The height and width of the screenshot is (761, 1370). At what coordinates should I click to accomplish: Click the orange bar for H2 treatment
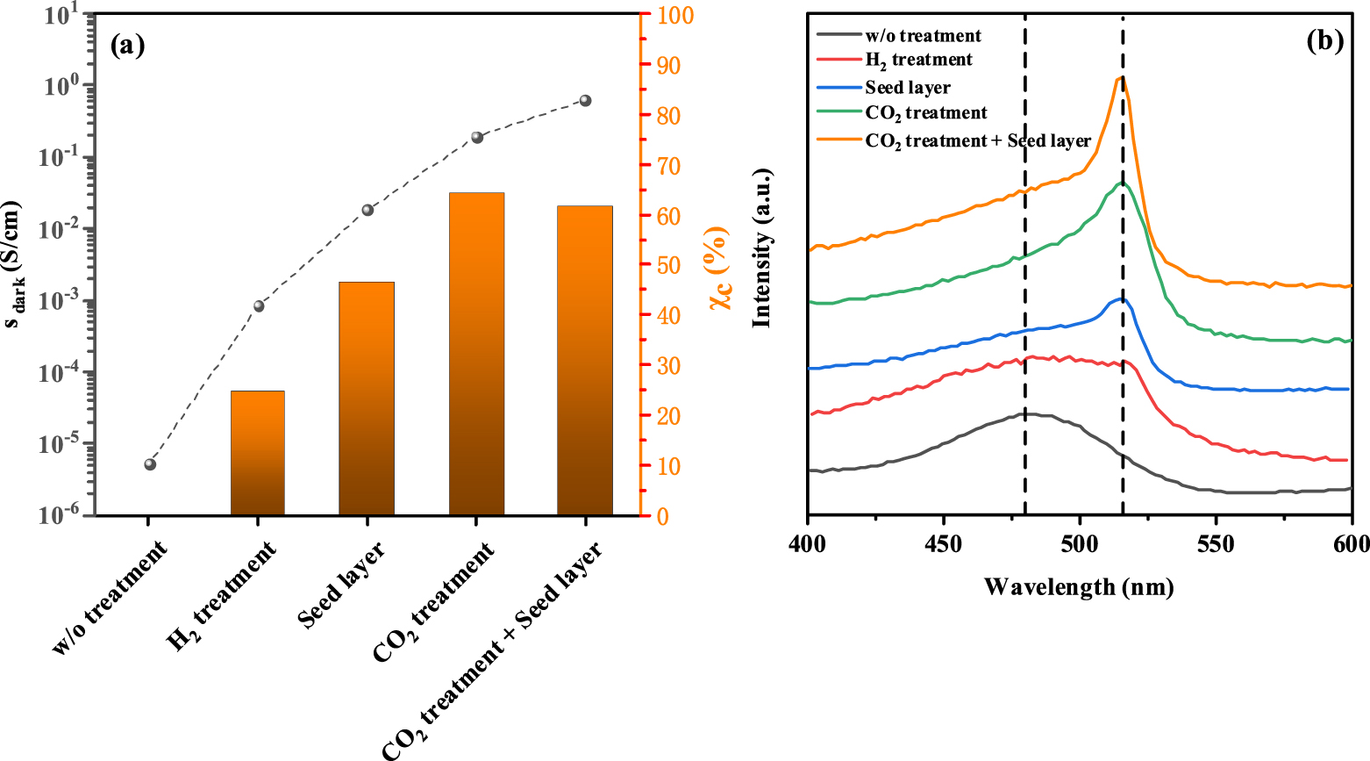pyautogui.click(x=257, y=453)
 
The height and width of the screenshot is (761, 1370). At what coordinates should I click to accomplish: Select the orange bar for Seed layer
pyautogui.click(x=367, y=398)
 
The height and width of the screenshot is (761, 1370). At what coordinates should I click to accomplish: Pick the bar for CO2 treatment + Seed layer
pyautogui.click(x=585, y=360)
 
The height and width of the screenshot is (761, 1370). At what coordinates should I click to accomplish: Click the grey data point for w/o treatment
pyautogui.click(x=150, y=464)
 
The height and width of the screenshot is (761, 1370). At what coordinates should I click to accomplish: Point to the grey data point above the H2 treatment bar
pyautogui.click(x=259, y=306)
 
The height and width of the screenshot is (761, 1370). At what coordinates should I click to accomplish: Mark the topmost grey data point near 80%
pyautogui.click(x=586, y=101)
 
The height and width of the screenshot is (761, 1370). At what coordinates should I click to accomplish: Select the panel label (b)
pyautogui.click(x=1324, y=40)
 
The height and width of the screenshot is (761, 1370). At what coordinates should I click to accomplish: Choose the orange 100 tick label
pyautogui.click(x=674, y=16)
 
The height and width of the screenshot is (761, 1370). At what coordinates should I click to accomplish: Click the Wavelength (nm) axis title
pyautogui.click(x=1079, y=586)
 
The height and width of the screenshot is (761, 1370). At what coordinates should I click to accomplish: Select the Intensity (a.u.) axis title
pyautogui.click(x=761, y=248)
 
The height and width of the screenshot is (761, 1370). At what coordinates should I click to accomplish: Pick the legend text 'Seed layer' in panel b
pyautogui.click(x=907, y=87)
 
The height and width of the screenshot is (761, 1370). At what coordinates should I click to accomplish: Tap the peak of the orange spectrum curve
pyautogui.click(x=1121, y=77)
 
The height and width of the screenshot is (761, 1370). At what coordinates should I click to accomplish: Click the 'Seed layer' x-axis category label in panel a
pyautogui.click(x=342, y=585)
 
